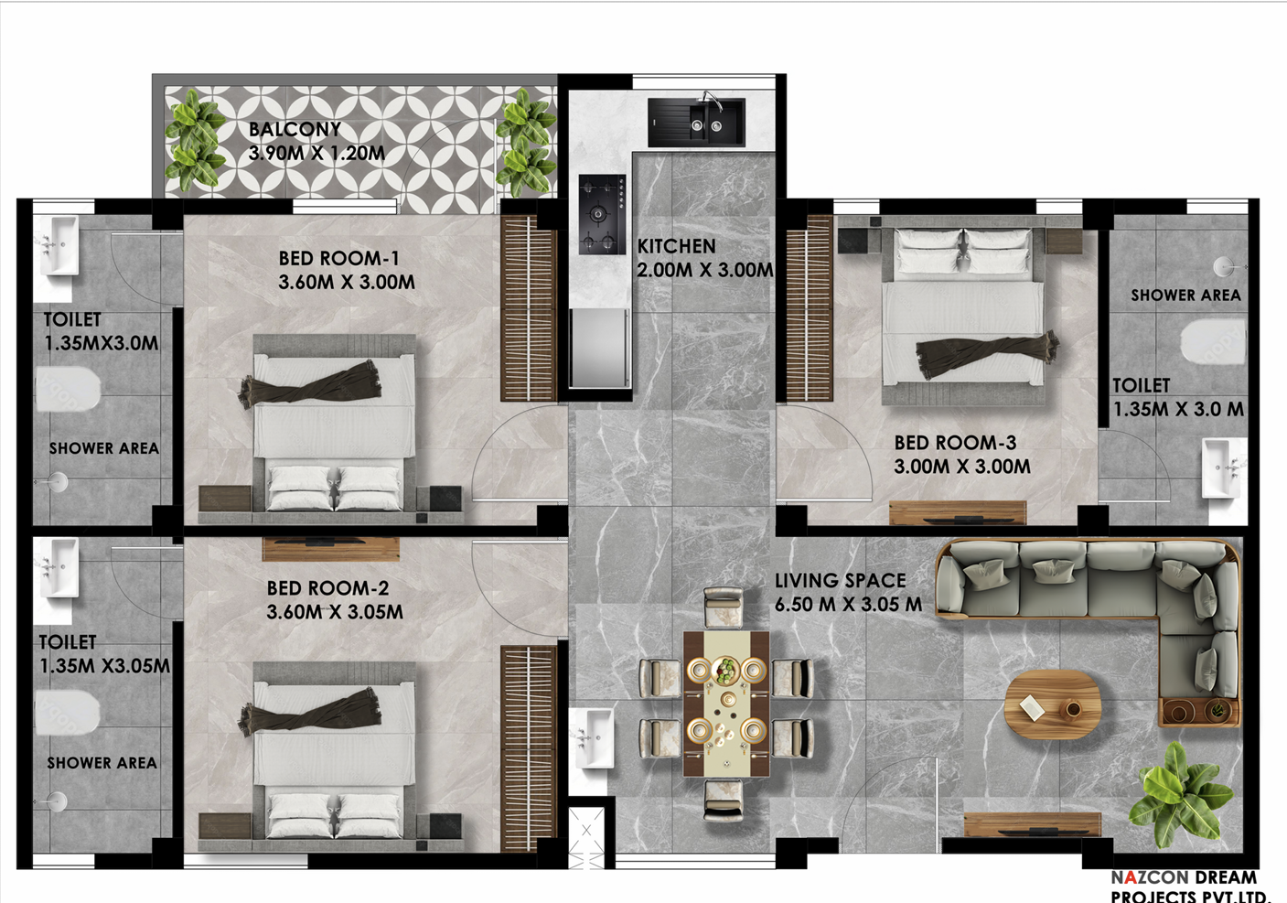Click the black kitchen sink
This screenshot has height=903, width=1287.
[696, 122]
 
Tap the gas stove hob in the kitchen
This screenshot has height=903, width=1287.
[602, 214]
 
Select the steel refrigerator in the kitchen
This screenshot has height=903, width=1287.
[599, 349]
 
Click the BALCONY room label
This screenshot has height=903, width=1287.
[295, 129]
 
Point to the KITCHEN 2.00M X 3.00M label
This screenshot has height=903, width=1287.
[705, 258]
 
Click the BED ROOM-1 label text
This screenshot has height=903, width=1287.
[339, 258]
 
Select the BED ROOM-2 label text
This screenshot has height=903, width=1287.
[327, 588]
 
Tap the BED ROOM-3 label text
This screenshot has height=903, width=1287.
[955, 443]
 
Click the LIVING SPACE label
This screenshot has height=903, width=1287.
[840, 581]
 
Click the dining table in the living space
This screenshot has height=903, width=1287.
[726, 704]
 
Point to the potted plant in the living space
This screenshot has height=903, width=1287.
[1179, 796]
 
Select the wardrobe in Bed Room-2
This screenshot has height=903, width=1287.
[529, 748]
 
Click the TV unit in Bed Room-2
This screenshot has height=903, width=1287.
[331, 548]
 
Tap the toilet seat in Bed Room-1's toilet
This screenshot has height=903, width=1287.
[68, 390]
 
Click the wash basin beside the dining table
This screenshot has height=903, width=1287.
[592, 738]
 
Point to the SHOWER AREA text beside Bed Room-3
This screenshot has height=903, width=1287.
[1185, 295]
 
